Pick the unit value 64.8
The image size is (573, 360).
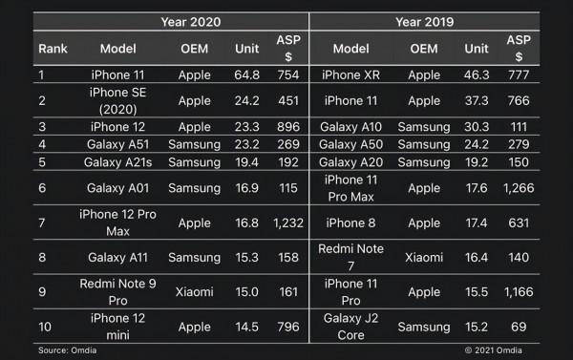point(246,74)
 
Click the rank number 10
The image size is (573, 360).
point(45,327)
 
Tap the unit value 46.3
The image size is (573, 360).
point(476,74)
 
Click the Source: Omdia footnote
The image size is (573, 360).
point(68,351)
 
